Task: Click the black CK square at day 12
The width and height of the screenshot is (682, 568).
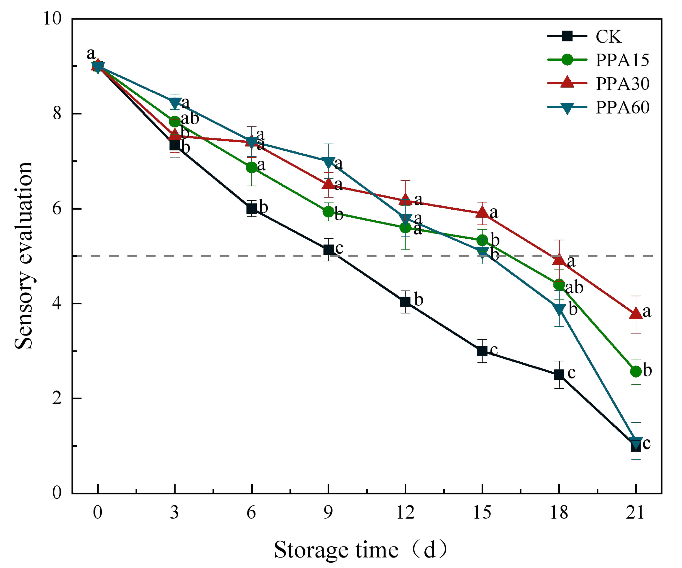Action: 405,302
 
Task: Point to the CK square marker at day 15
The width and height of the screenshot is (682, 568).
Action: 482,351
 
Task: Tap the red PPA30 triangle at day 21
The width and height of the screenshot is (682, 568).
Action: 636,314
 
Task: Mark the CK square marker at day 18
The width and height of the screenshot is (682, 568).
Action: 559,374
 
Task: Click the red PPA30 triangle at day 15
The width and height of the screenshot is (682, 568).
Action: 482,212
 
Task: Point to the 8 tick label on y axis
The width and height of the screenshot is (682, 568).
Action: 57,114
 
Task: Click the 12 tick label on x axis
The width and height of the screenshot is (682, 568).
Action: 405,513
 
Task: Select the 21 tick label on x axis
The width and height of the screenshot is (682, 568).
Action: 636,513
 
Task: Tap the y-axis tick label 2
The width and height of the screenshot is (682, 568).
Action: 57,398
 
